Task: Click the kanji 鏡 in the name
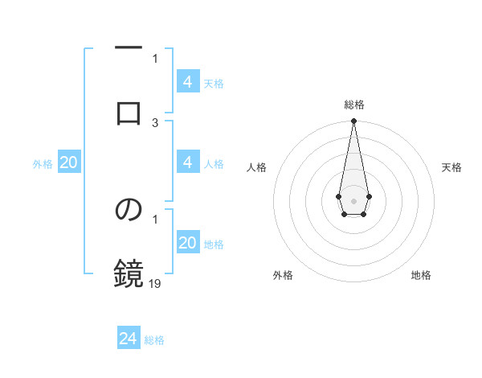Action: (129, 273)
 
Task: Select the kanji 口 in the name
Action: (129, 113)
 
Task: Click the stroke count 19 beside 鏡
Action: (155, 283)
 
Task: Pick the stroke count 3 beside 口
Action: (155, 122)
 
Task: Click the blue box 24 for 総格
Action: (129, 339)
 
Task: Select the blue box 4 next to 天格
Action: (188, 81)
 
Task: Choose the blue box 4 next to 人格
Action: (188, 162)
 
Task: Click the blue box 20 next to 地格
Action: (188, 243)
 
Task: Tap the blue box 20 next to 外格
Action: (69, 162)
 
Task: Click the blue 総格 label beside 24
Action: (154, 340)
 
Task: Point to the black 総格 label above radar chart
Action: (354, 105)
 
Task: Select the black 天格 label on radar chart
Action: (451, 167)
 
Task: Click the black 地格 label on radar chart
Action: (421, 275)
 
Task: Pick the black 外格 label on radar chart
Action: (283, 275)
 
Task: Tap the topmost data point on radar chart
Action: (353, 121)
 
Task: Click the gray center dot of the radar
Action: (353, 199)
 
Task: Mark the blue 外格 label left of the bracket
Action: (43, 164)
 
